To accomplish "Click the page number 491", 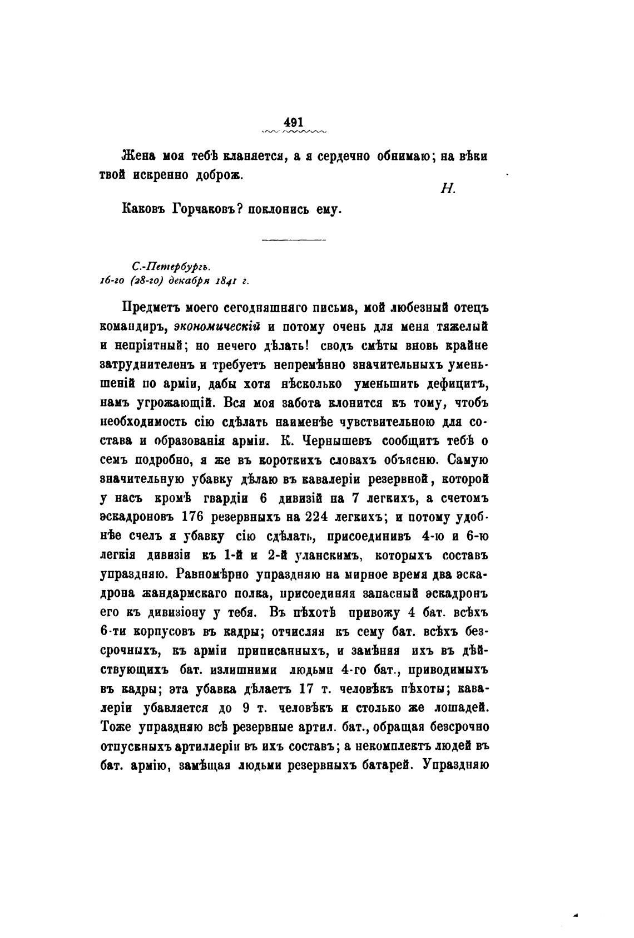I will [x=293, y=122].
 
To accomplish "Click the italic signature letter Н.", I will [x=448, y=189].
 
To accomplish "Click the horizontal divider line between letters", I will [x=293, y=240].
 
